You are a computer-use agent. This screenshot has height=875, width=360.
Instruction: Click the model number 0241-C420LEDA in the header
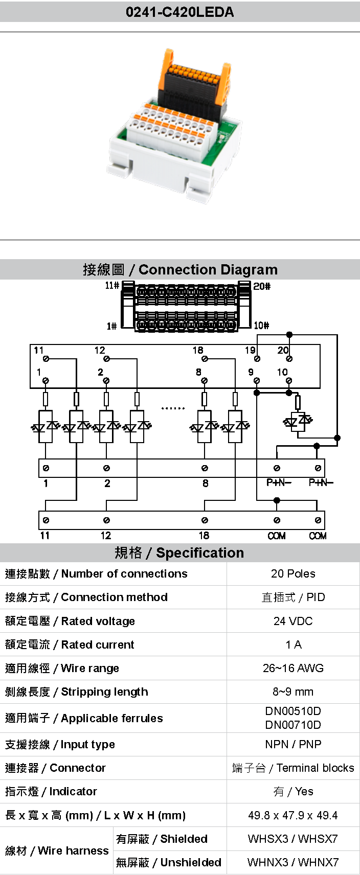coord(179,12)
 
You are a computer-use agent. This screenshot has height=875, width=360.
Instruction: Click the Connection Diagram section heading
coord(180,269)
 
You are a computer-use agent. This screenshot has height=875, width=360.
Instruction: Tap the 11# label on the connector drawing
coord(112,285)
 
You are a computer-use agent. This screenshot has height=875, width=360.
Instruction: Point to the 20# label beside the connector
coord(262,286)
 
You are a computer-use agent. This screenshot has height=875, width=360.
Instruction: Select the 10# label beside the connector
coord(261,326)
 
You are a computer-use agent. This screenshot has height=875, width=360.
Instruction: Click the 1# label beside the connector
coord(111,326)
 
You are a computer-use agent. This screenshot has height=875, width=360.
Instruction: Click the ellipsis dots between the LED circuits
coord(172,408)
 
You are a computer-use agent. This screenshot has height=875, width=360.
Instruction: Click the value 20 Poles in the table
coord(293,573)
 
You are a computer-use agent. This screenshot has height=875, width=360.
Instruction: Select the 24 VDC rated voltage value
coord(293,621)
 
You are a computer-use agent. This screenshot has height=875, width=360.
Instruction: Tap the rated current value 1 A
coord(294,644)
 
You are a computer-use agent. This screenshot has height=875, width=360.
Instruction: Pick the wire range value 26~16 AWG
coord(293,668)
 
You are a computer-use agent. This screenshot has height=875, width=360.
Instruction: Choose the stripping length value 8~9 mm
coord(293,692)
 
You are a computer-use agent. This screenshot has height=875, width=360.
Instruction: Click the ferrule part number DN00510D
coord(293,711)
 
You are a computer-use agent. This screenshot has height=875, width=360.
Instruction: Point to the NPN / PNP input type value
coord(293,744)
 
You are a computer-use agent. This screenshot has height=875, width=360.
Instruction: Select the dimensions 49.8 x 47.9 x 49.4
coord(293,815)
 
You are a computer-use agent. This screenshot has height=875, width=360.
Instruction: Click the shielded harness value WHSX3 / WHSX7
coord(293,839)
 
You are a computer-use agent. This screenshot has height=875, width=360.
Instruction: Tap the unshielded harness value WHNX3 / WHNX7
coord(293,862)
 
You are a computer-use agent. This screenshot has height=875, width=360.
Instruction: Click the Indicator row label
coord(51,791)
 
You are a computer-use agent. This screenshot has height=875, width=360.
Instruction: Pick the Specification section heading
coord(179,552)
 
